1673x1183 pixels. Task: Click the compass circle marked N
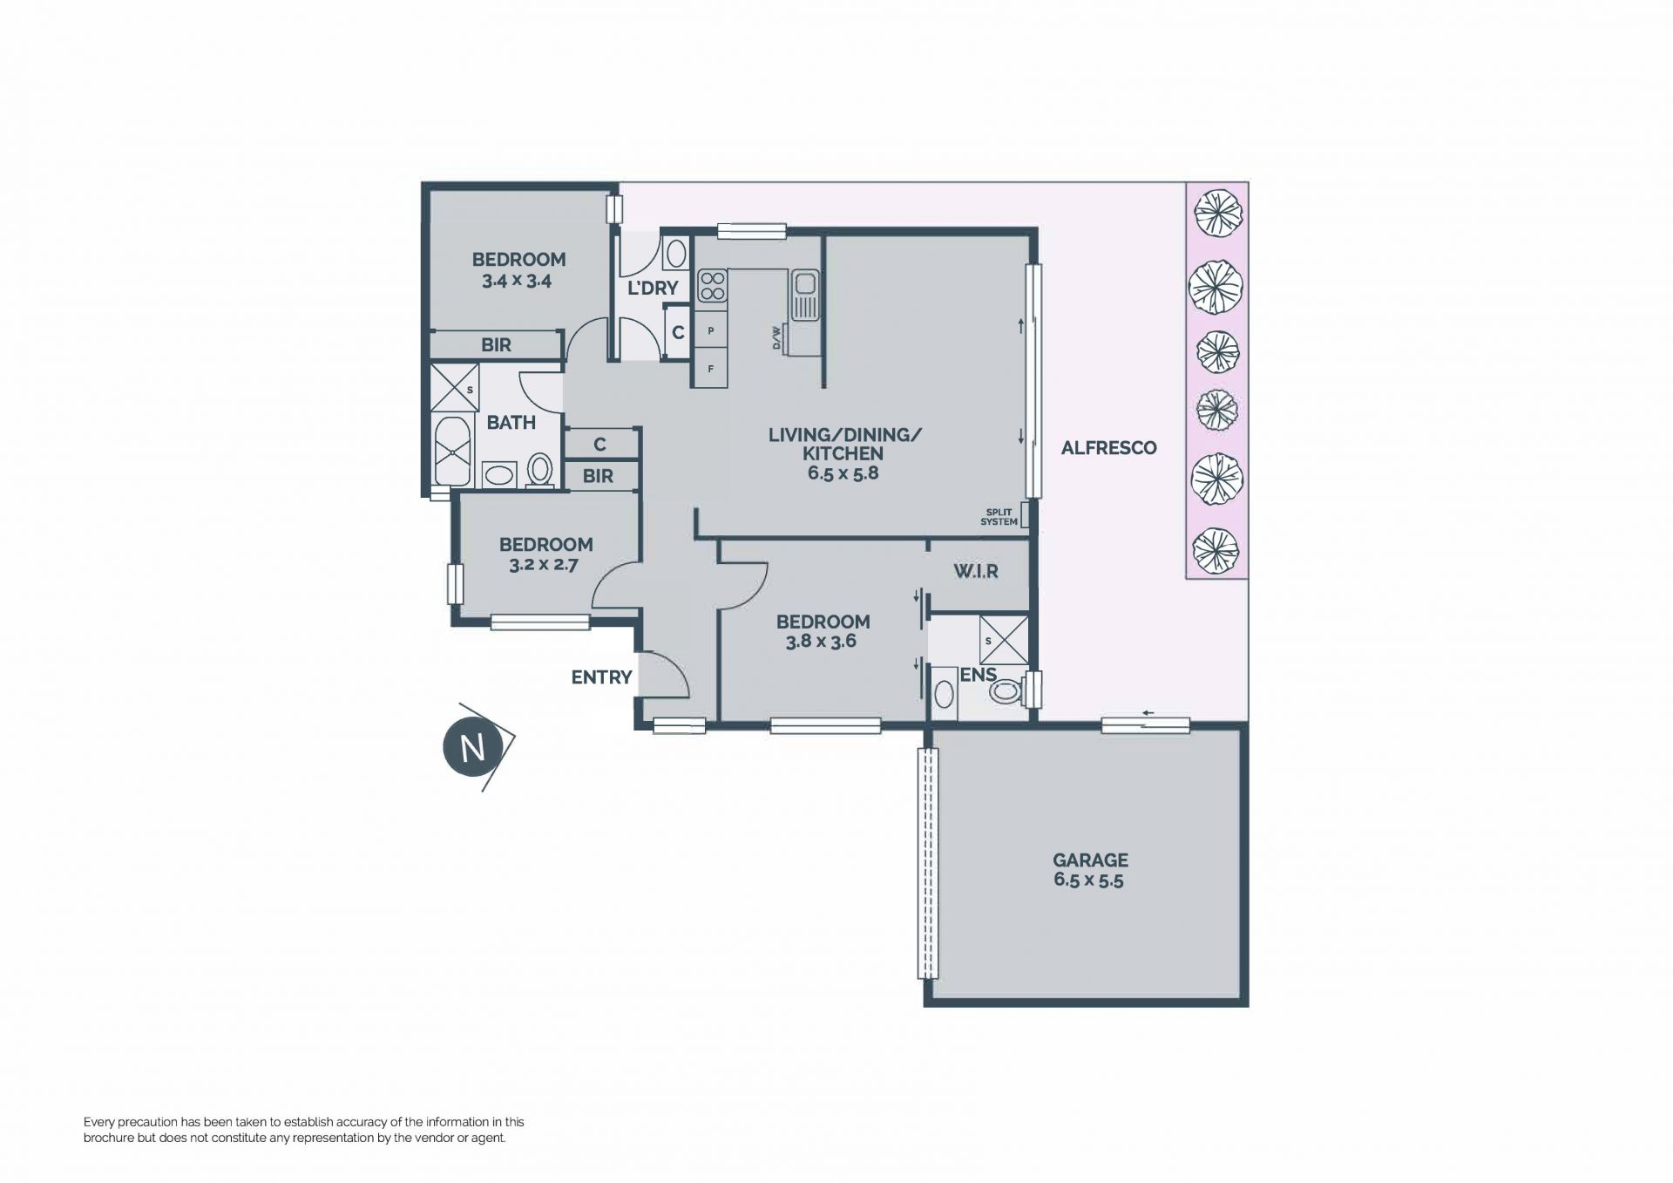point(473,747)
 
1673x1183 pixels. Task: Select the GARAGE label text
point(1090,860)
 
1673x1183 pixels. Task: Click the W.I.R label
point(975,572)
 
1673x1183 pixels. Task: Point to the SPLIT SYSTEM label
point(999,517)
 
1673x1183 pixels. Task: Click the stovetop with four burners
point(712,286)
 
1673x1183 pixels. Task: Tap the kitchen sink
point(803,295)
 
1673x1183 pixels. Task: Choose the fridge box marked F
point(710,369)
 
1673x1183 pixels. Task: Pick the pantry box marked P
point(710,331)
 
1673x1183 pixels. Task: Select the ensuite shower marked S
point(1004,641)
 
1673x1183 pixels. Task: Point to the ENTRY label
point(601,677)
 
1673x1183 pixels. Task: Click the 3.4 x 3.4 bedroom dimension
point(517,282)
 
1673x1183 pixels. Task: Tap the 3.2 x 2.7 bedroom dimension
point(544,565)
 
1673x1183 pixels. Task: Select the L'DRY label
point(653,288)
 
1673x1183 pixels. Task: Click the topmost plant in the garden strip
point(1216,214)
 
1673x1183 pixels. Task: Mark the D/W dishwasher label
point(776,338)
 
